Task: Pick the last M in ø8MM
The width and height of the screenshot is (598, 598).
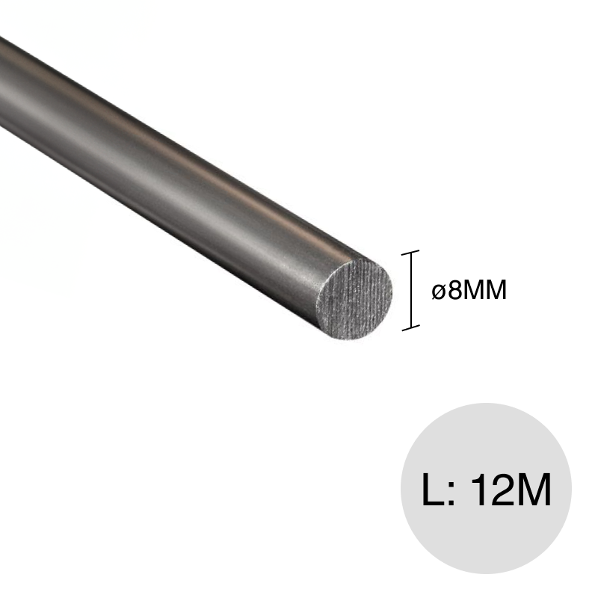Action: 495,290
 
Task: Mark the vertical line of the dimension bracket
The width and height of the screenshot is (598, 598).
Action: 410,290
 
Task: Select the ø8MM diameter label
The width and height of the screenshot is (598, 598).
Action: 469,290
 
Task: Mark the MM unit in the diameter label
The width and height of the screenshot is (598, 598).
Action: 484,290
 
